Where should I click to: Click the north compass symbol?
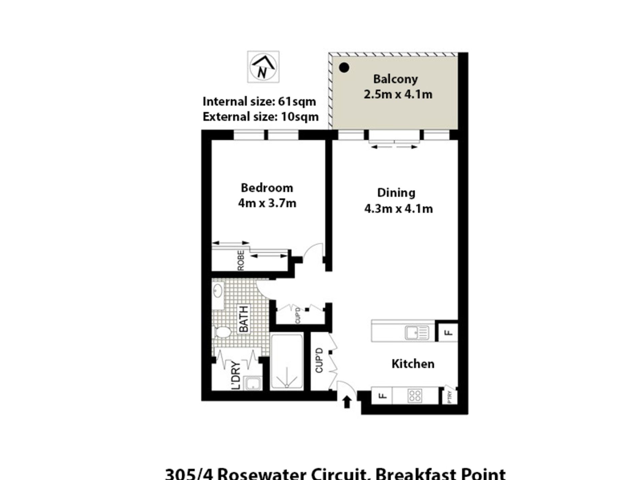263,67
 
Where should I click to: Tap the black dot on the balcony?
344,68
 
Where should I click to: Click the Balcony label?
395,79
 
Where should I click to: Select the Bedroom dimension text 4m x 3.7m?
267,203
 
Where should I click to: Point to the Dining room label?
396,193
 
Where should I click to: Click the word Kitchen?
413,364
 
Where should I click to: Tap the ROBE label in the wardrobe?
241,260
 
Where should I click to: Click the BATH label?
244,319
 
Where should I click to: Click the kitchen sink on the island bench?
417,333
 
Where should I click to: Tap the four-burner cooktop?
415,396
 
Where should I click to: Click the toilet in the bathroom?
222,333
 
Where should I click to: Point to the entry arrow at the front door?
347,402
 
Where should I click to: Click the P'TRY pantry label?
450,397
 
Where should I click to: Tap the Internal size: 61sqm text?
259,101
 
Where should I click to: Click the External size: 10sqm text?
260,117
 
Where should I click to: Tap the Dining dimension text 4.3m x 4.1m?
398,209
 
